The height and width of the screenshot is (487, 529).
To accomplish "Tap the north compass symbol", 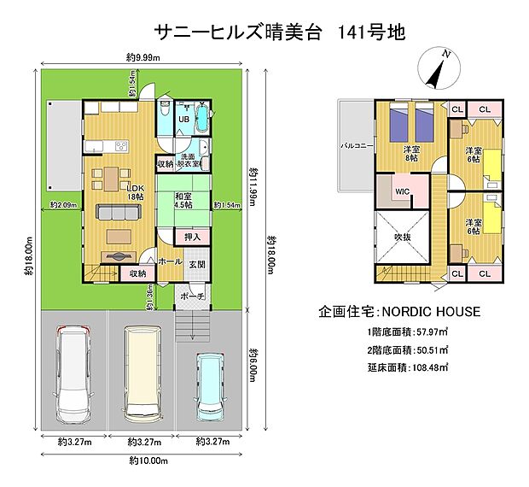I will (x=438, y=69).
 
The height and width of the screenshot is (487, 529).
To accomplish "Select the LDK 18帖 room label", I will (x=135, y=192).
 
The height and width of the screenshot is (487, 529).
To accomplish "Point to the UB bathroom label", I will (x=183, y=120).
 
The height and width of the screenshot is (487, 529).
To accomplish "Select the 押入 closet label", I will (x=192, y=236).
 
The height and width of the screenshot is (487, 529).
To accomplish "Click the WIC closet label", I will (x=401, y=192).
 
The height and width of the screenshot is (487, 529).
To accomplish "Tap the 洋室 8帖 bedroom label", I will (x=412, y=154).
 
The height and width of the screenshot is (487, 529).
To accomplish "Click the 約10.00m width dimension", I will (x=146, y=461).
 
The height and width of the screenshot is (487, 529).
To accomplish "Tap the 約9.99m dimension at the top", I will (x=142, y=57).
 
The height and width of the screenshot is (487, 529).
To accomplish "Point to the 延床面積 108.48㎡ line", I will (x=407, y=367).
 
